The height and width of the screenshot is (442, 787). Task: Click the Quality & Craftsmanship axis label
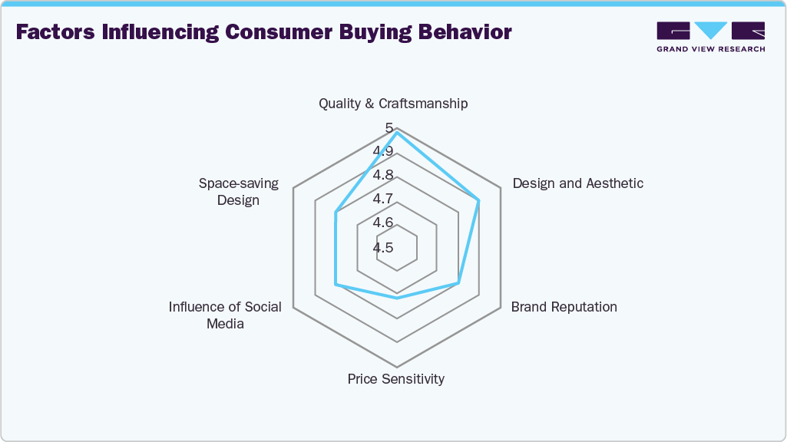pyautogui.click(x=393, y=104)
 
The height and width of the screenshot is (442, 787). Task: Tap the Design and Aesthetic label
pyautogui.click(x=577, y=183)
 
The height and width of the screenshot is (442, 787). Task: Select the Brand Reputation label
pyautogui.click(x=564, y=307)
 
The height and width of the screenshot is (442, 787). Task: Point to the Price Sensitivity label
pyautogui.click(x=395, y=379)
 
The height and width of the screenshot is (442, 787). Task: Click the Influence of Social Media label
pyautogui.click(x=225, y=315)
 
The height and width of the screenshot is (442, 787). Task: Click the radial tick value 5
pyautogui.click(x=389, y=127)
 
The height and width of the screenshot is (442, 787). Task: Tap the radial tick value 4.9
pyautogui.click(x=383, y=151)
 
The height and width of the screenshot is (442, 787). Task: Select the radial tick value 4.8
pyautogui.click(x=383, y=175)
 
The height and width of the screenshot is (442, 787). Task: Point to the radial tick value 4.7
pyautogui.click(x=383, y=199)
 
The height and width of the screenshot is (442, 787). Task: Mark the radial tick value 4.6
pyautogui.click(x=383, y=223)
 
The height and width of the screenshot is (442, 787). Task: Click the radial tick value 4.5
pyautogui.click(x=383, y=247)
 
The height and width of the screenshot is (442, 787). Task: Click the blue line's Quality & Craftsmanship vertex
pyautogui.click(x=397, y=133)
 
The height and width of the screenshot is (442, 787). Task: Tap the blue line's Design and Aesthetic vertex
pyautogui.click(x=479, y=200)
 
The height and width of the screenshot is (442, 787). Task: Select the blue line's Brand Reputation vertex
pyautogui.click(x=458, y=283)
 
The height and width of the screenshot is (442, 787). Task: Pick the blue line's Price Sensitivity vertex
pyautogui.click(x=397, y=298)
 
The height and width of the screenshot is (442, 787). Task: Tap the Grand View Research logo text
pyautogui.click(x=709, y=49)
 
